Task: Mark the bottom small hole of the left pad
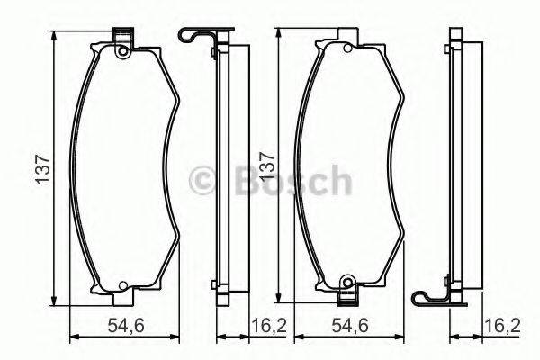pos(122,288)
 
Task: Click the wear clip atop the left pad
pos(122,37)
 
